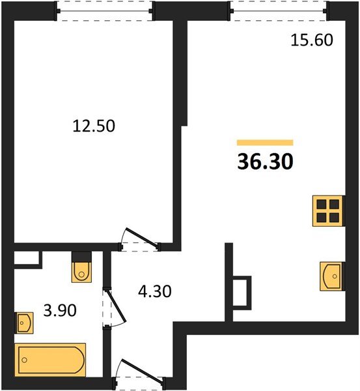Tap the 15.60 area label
[311, 40]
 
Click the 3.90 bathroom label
[59, 311]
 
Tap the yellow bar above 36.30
[265, 142]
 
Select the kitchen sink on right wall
[333, 276]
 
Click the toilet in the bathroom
[81, 268]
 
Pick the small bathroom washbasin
[24, 321]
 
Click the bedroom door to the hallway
[139, 240]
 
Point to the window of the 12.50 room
[104, 10]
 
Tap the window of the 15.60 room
[278, 10]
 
